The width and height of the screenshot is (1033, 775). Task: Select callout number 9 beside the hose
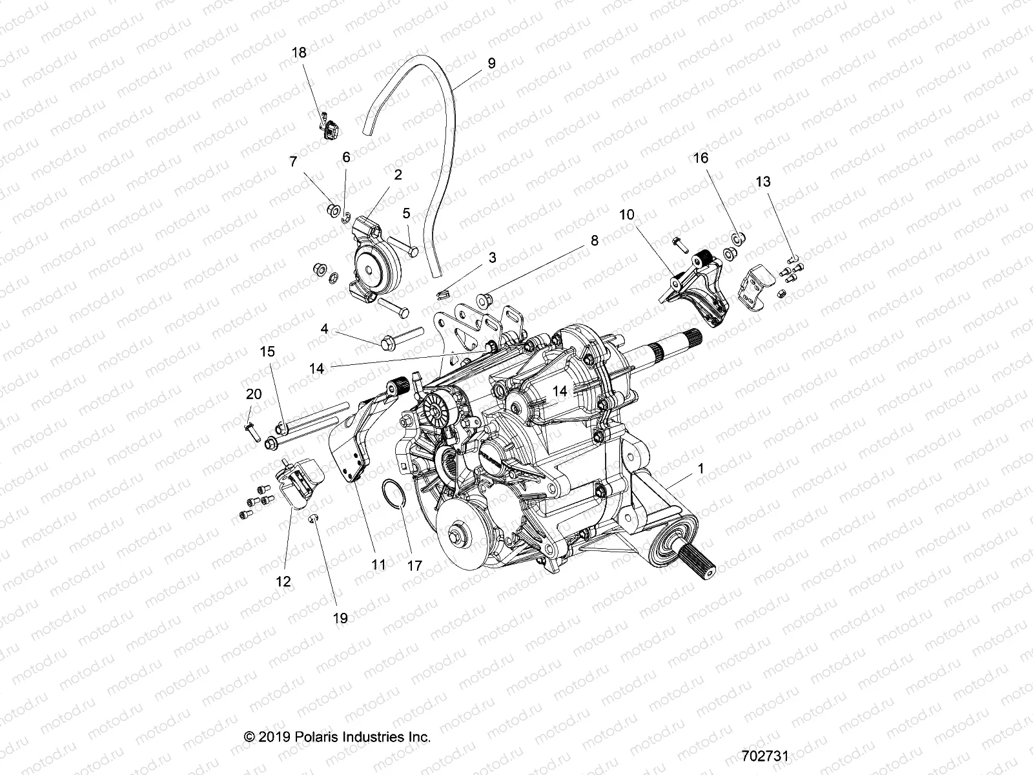(x=491, y=63)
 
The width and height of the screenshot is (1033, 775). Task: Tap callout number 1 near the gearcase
(x=702, y=468)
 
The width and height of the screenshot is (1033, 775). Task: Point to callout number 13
(x=763, y=182)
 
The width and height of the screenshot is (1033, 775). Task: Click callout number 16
(x=701, y=158)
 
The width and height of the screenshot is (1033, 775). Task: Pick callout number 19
(x=340, y=618)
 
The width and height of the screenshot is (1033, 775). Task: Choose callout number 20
(x=254, y=394)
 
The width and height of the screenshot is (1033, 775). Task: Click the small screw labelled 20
(x=251, y=426)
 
